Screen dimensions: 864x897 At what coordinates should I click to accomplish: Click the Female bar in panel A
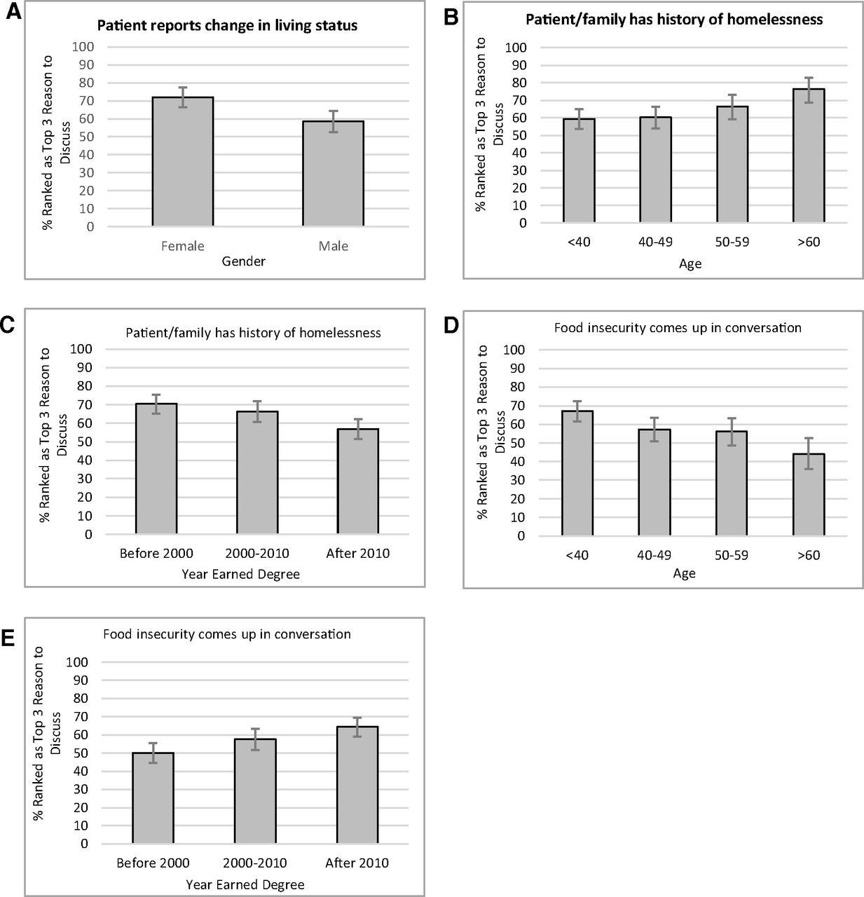(182, 161)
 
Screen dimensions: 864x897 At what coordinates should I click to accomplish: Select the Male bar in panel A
(333, 173)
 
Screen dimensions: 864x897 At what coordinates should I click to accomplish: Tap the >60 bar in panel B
(809, 156)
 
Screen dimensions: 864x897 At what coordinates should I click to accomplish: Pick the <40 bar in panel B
(579, 170)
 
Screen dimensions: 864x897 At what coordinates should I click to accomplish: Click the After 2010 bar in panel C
(358, 481)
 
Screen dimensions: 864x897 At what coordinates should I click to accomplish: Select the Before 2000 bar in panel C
(156, 469)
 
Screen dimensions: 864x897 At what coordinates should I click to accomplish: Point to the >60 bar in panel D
(809, 495)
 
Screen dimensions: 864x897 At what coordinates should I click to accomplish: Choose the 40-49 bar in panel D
(654, 482)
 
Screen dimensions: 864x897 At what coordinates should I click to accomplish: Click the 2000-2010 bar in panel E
(255, 791)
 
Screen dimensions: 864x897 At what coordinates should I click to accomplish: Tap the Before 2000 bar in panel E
(153, 798)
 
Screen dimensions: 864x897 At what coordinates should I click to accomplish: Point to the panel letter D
(451, 325)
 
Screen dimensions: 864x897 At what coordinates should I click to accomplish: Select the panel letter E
(8, 639)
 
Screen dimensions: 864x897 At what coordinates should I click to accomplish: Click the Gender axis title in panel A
(244, 261)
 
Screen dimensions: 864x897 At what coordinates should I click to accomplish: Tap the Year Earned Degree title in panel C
(240, 574)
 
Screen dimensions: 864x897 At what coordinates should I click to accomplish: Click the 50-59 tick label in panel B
(732, 242)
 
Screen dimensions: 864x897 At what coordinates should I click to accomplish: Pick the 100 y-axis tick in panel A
(83, 46)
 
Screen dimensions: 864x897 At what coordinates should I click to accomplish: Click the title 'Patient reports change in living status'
(227, 25)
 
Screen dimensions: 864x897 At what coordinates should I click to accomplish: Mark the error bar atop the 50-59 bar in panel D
(732, 432)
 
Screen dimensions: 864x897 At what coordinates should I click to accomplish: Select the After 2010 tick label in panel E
(357, 863)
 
